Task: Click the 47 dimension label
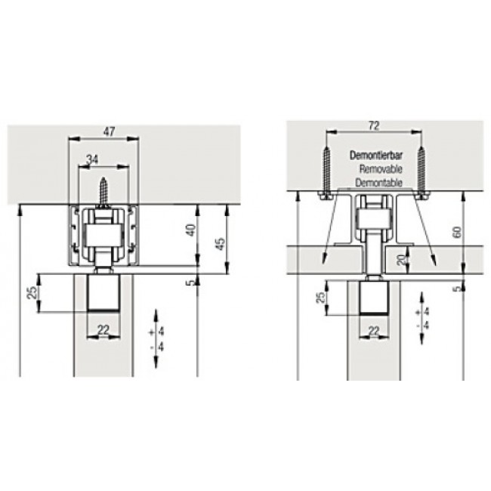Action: [109, 131]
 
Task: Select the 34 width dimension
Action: [92, 159]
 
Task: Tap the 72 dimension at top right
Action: [374, 125]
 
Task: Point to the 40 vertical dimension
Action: [191, 230]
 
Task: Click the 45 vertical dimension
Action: [221, 244]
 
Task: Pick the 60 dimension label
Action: [457, 233]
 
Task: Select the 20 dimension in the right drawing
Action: [402, 259]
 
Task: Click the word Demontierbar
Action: [376, 156]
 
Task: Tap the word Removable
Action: [381, 169]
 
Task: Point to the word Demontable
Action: [378, 182]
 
